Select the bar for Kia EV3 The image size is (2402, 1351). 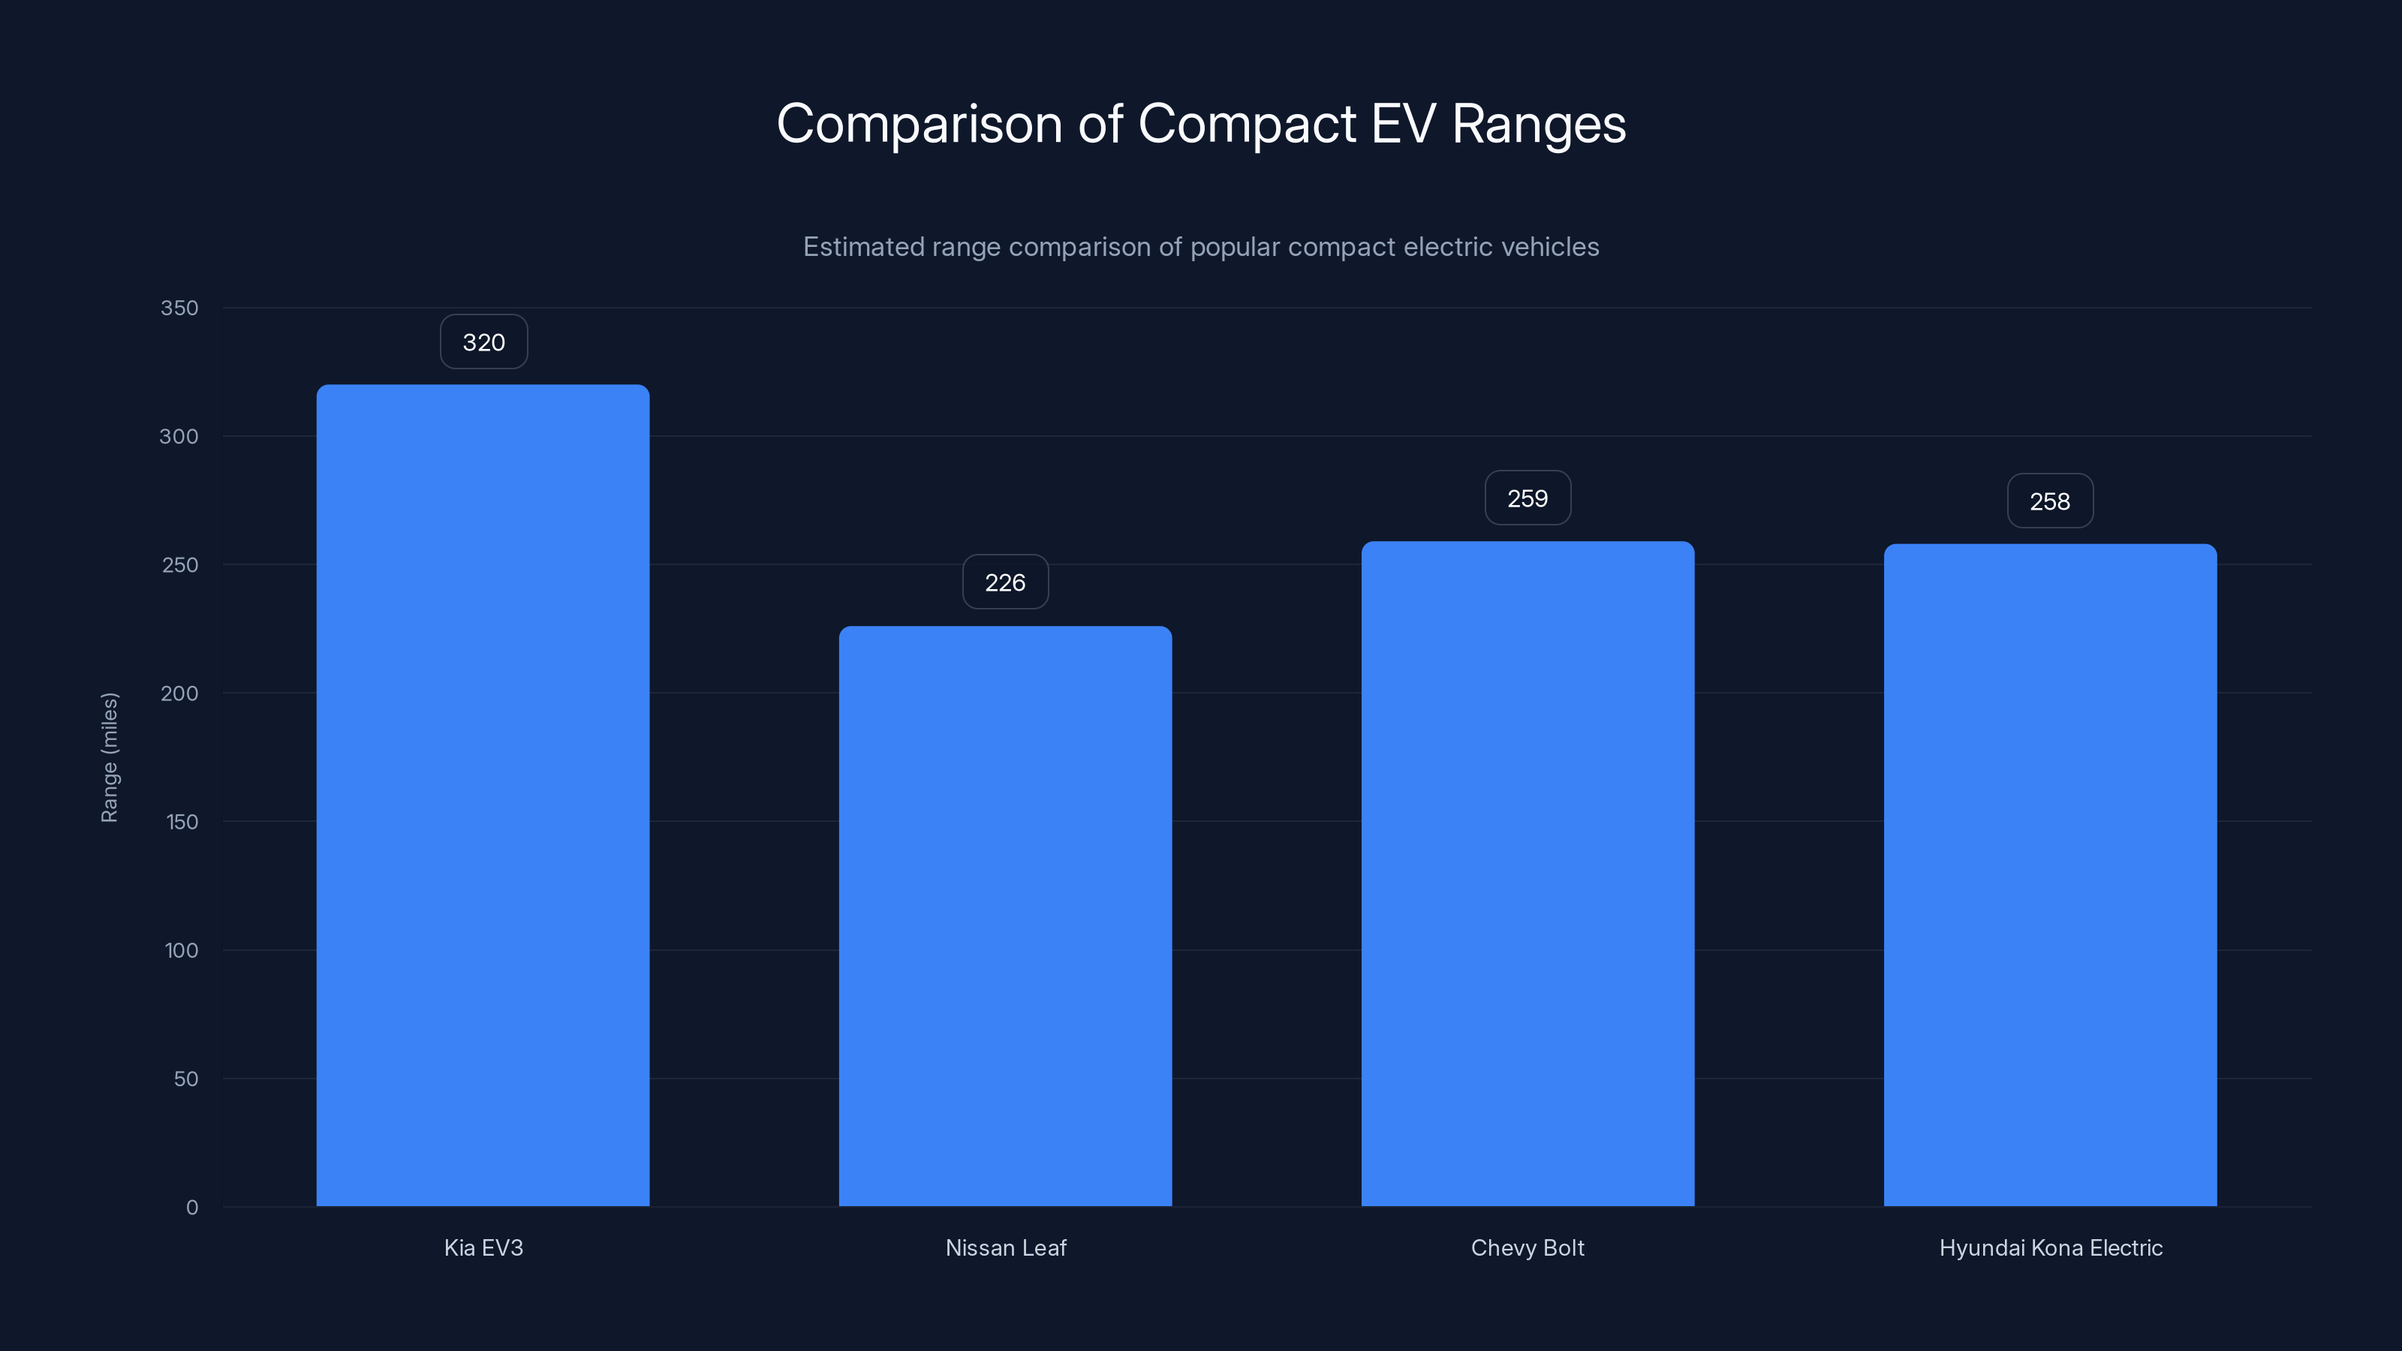click(483, 796)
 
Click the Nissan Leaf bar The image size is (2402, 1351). click(1005, 916)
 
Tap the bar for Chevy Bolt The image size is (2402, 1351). click(1528, 874)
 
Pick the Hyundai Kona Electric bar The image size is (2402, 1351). click(2049, 874)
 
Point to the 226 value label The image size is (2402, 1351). click(1005, 582)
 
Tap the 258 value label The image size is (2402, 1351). click(2049, 501)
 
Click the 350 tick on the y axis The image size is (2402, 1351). click(179, 308)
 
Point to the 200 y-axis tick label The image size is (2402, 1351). click(179, 694)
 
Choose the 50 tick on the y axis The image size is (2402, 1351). click(185, 1079)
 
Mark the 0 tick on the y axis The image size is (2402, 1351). click(192, 1208)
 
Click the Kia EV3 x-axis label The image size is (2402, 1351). click(483, 1247)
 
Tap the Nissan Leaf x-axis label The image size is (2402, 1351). click(1005, 1247)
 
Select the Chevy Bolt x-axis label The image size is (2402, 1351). click(1528, 1247)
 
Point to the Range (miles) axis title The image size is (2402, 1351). click(109, 757)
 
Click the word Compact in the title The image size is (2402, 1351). click(1247, 124)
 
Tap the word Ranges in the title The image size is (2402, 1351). click(1539, 124)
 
